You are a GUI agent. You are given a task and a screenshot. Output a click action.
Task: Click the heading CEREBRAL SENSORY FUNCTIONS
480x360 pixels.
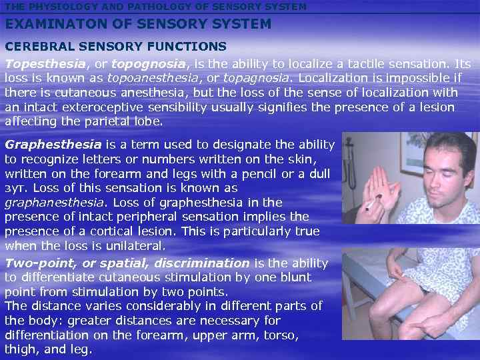pyautogui.click(x=116, y=47)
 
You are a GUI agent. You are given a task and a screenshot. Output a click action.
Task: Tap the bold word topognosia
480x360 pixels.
pyautogui.click(x=149, y=64)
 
